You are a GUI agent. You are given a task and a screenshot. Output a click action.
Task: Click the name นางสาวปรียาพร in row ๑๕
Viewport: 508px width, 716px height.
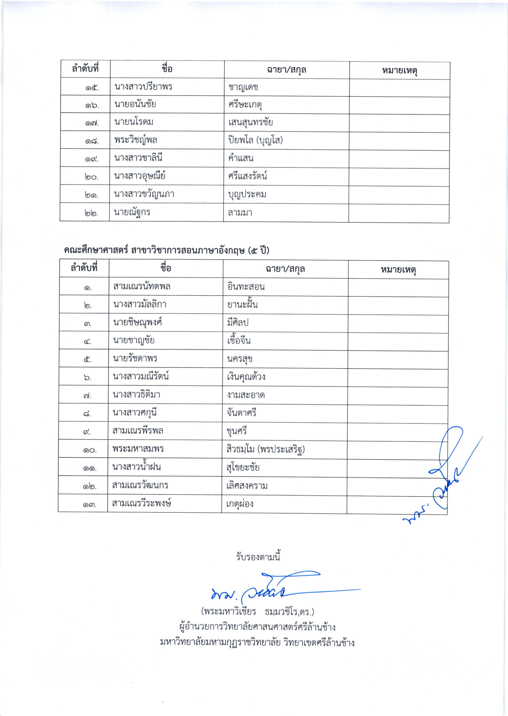[x=143, y=87]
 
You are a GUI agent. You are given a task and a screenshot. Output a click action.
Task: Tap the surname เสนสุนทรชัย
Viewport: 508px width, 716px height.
[x=250, y=122]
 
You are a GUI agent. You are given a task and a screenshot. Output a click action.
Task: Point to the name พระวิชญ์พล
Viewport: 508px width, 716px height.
[x=136, y=140]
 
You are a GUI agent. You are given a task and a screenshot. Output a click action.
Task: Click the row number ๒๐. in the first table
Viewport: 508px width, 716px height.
[x=91, y=177]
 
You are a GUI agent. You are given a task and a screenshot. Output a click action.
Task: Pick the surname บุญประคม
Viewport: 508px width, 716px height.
[x=247, y=194]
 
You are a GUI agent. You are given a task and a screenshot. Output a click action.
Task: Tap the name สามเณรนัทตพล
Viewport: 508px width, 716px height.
[x=142, y=286]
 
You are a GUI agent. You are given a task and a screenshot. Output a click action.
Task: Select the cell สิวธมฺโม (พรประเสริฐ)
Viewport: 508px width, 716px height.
[x=266, y=449]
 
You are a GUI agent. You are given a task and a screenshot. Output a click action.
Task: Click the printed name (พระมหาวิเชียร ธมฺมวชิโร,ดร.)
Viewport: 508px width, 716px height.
[x=258, y=611]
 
